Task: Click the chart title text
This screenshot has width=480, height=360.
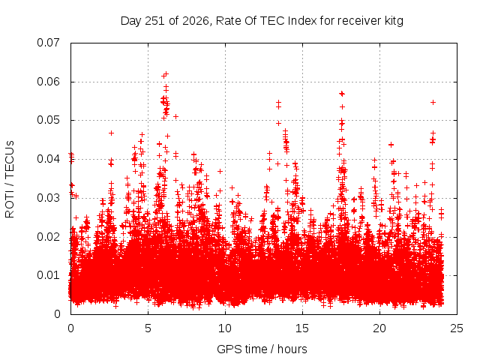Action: coord(262,21)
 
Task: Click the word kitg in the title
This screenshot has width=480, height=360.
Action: coord(393,21)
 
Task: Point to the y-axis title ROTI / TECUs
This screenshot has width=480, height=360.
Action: coord(10,179)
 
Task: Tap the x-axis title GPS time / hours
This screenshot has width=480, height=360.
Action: coord(262,349)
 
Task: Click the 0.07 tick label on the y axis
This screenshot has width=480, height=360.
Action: coord(48,43)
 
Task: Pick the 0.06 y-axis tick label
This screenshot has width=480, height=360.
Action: coord(48,82)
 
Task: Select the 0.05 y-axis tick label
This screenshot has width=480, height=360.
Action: coord(48,120)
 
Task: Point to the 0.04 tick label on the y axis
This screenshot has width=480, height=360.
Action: coord(48,159)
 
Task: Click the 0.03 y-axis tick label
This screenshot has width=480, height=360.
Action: coord(48,198)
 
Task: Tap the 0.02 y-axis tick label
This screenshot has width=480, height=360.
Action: coord(48,237)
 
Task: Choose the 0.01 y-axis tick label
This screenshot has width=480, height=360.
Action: coord(48,275)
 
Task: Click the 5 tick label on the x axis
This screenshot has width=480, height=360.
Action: coord(148,328)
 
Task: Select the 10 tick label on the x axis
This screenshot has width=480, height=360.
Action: coord(225,328)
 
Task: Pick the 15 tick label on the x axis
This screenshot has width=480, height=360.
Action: coord(302,328)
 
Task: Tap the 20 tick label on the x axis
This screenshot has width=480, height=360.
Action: coord(379,328)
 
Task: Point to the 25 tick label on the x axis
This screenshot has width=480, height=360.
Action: coord(457,328)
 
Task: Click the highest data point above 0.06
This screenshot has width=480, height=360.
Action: coord(166,73)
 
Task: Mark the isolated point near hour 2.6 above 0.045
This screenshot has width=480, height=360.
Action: coord(112,133)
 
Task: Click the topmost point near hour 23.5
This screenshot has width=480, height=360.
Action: coord(433,102)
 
